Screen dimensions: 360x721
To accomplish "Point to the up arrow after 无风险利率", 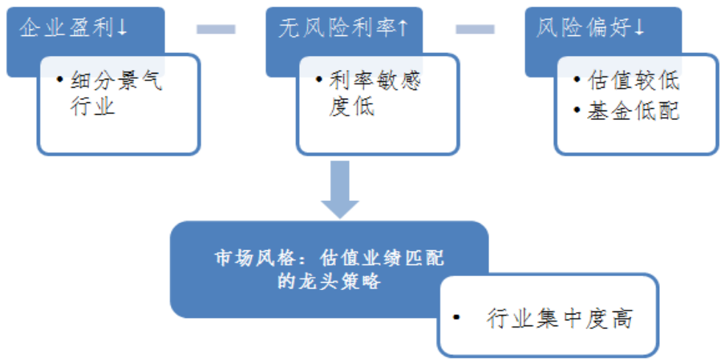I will click(403, 28).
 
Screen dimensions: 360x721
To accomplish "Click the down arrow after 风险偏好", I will click(639, 28).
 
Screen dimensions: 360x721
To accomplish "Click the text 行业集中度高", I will click(560, 319).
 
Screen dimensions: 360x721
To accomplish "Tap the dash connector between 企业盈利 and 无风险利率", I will click(216, 29).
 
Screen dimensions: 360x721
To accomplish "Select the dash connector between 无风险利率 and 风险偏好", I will click(475, 29).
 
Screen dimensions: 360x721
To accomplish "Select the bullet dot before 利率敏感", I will click(318, 79).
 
